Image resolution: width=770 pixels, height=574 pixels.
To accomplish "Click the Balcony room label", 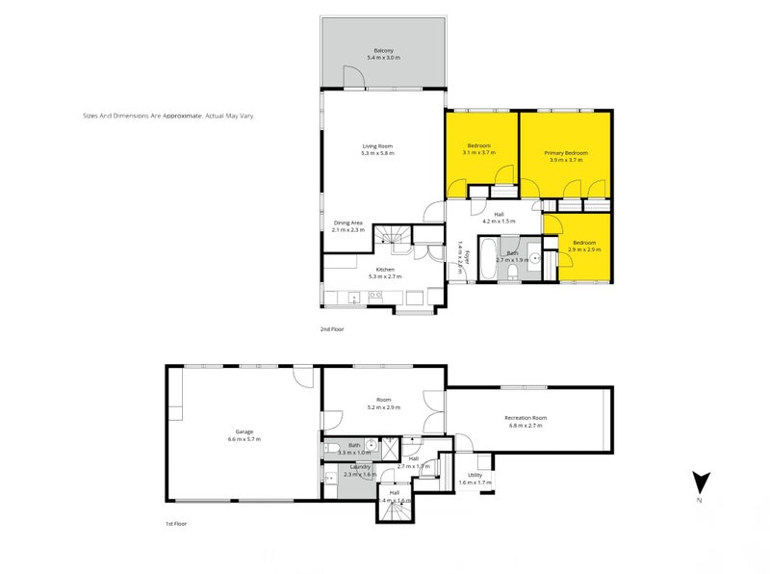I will point(384,51).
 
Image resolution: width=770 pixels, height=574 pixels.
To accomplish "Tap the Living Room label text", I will point(377,146).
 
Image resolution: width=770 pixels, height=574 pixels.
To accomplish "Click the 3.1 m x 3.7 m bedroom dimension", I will point(478,152).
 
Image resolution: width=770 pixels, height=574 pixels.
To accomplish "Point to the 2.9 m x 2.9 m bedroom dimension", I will point(584,249).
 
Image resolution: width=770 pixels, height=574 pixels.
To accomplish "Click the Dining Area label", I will point(347,222).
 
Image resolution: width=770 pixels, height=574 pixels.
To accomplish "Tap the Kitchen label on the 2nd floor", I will point(385,269).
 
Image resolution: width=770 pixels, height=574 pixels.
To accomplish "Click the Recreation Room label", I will point(526,417).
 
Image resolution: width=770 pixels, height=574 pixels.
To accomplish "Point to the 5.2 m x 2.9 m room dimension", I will point(383,408).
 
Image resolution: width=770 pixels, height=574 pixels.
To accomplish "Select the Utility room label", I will point(475,475).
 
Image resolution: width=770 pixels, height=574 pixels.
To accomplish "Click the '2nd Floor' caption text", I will point(333,329).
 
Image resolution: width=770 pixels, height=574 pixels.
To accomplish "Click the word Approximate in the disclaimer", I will point(182,115).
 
